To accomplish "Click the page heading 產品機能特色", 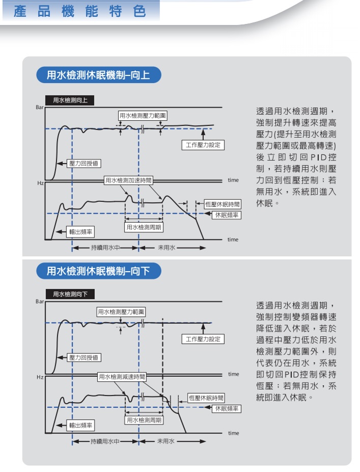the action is click(80, 11).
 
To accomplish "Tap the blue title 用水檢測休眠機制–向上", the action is click(99, 75).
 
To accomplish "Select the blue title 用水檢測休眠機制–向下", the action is click(99, 271).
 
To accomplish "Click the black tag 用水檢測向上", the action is click(70, 100).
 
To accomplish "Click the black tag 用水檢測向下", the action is click(70, 294).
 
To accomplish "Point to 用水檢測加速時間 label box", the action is click(128, 180).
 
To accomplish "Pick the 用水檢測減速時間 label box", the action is click(122, 377).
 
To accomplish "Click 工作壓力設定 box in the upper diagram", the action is click(203, 145).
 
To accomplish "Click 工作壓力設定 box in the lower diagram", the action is click(203, 339).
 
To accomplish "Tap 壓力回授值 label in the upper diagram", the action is click(84, 164).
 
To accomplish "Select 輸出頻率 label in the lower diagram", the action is click(80, 425).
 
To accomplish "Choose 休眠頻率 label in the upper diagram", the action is click(227, 215).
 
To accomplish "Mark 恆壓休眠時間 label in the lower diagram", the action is click(206, 398).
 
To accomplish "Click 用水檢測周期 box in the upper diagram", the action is click(144, 227).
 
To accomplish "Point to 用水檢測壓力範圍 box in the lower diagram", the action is click(121, 312).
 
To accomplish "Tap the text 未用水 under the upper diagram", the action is click(167, 248).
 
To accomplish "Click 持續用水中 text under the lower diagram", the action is click(105, 441).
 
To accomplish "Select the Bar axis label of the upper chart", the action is click(40, 108).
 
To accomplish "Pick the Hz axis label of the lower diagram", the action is click(40, 377).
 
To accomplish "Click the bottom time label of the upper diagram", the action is click(233, 240).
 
